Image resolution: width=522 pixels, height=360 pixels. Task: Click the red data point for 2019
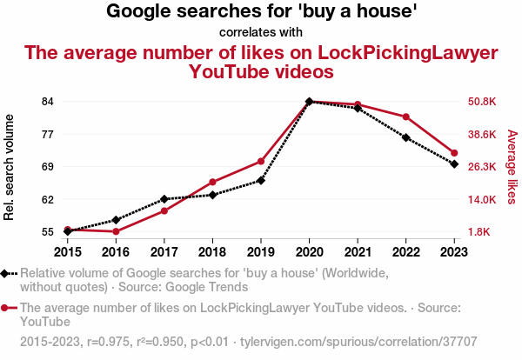(x=261, y=161)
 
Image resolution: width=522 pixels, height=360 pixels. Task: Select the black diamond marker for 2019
(x=261, y=180)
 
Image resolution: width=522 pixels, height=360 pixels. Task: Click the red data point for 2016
(x=116, y=231)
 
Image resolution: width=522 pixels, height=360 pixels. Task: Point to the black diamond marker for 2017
(x=164, y=199)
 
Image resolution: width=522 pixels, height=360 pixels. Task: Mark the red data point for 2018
(x=212, y=182)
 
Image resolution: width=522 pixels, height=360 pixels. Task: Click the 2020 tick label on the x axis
(x=309, y=252)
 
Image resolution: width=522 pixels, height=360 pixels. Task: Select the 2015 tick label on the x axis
(x=68, y=252)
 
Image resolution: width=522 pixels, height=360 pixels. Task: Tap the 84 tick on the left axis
(x=48, y=101)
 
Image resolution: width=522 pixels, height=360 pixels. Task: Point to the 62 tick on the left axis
(x=48, y=199)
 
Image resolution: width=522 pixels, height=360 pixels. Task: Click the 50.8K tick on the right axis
(x=482, y=101)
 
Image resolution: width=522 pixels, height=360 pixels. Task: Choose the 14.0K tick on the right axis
(x=482, y=199)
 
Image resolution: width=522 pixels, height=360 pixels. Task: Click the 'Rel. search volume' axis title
(x=10, y=166)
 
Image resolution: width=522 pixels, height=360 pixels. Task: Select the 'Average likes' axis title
(x=512, y=166)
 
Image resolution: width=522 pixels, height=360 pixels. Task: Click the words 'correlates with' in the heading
(x=261, y=32)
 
